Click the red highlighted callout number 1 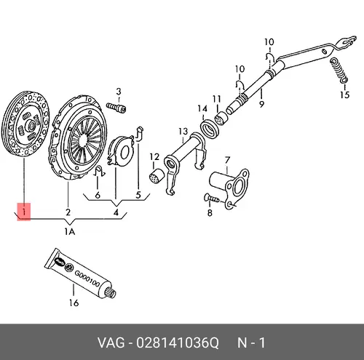[24, 212]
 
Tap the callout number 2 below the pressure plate [68, 212]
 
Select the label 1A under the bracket [70, 232]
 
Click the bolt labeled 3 [116, 108]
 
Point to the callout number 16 [74, 303]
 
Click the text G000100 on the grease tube [87, 278]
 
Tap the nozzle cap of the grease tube [111, 292]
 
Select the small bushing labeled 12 [154, 175]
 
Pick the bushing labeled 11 [221, 119]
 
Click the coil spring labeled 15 [339, 70]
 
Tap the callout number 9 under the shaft [261, 104]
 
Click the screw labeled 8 [212, 199]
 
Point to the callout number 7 [227, 160]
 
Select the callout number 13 [183, 132]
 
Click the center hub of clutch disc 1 [31, 126]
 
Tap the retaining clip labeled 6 [99, 172]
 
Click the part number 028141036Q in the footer [178, 343]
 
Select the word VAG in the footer [111, 343]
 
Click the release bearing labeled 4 [121, 151]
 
